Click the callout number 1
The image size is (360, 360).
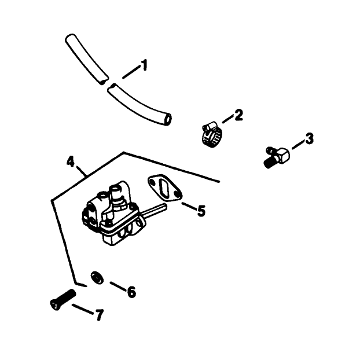[x=144, y=65]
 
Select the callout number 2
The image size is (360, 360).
[x=238, y=115]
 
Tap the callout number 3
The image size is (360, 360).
[x=309, y=139]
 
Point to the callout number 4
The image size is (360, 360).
[x=71, y=161]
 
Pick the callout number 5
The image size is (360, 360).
[x=201, y=211]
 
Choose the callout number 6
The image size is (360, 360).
[x=131, y=292]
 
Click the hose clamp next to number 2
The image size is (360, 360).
[x=212, y=135]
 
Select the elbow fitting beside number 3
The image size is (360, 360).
[x=277, y=157]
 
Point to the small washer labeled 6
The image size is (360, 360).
[x=97, y=278]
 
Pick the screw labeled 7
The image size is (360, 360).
[x=63, y=299]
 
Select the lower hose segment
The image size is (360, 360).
[x=139, y=105]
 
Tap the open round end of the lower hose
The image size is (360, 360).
[x=168, y=119]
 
